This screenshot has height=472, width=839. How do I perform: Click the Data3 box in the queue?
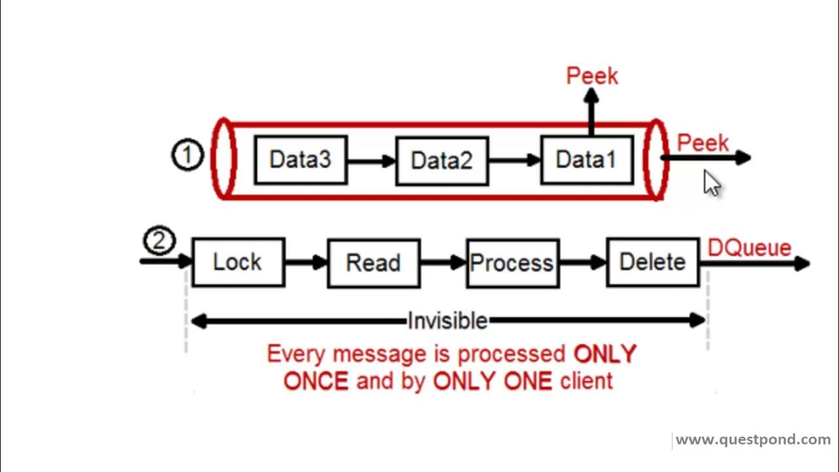(x=301, y=161)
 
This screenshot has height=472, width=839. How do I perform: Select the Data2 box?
(x=442, y=161)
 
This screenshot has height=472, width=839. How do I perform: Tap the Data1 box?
(x=587, y=161)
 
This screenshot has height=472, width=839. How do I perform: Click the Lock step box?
(x=239, y=262)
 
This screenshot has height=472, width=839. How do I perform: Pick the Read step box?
(x=374, y=264)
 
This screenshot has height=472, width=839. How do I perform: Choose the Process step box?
(x=513, y=264)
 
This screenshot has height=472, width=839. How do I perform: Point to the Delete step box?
(x=653, y=262)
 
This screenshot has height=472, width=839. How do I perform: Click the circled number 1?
(x=187, y=155)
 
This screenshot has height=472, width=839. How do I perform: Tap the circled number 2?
(x=159, y=241)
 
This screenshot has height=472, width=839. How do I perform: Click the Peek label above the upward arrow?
(x=592, y=75)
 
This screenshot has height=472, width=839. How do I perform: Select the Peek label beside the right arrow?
(x=703, y=143)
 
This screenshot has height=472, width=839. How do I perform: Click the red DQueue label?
(x=749, y=248)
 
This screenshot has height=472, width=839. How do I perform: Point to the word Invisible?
(x=448, y=321)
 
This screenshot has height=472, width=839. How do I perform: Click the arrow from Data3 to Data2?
(x=372, y=161)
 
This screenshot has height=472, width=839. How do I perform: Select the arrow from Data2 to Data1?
(x=515, y=161)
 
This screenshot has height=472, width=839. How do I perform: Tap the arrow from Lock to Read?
(x=306, y=262)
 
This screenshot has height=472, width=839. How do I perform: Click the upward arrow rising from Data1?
(x=591, y=111)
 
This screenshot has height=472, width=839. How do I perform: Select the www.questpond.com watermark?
(x=753, y=439)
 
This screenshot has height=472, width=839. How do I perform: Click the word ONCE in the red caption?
(x=316, y=382)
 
